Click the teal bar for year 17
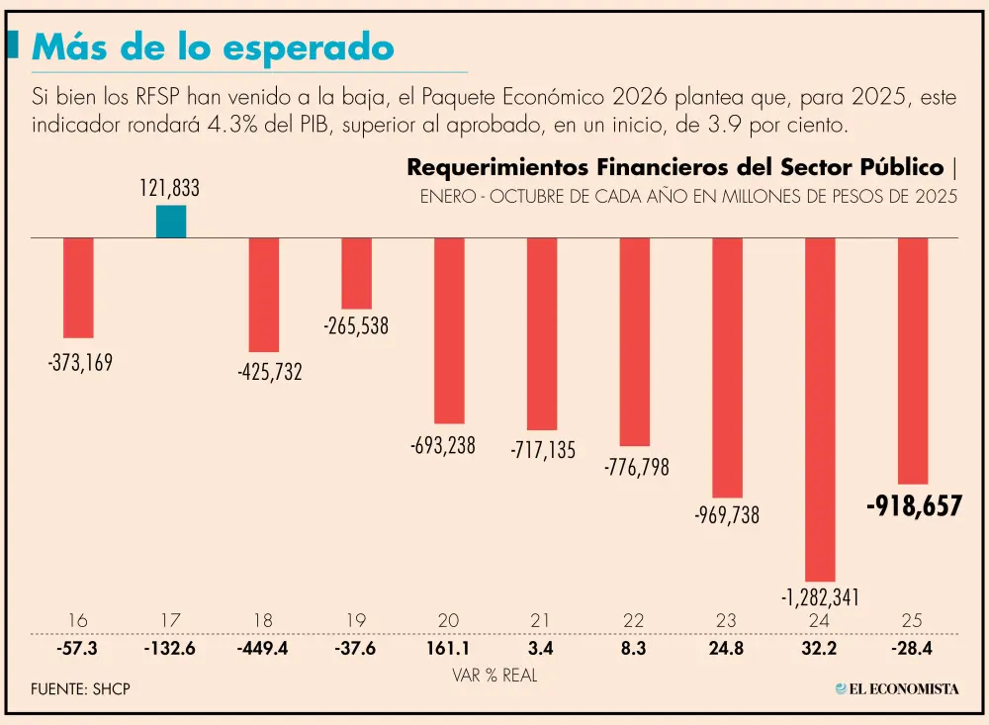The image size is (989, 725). coord(171,222)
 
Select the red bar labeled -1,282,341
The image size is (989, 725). coord(819,408)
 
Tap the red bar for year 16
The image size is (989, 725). coord(78,288)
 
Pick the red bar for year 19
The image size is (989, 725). coord(356,273)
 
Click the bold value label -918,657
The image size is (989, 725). coord(913,506)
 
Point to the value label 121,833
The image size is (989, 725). coord(169,188)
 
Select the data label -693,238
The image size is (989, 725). coord(442,446)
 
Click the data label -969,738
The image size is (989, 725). coord(727,515)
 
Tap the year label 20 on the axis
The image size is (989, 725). coord(448,620)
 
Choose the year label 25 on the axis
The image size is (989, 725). coord(912,620)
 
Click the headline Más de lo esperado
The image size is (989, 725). coord(213,46)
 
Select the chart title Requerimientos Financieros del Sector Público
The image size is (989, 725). coord(674,167)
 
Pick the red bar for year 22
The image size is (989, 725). coord(634,341)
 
